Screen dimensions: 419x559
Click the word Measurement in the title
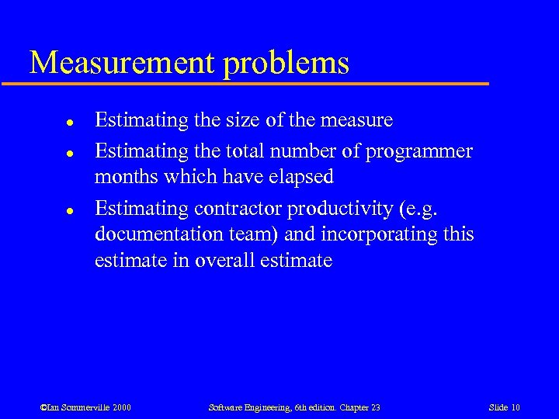pyautogui.click(x=122, y=63)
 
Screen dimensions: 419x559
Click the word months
pyautogui.click(x=125, y=177)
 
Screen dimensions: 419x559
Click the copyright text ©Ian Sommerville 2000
pyautogui.click(x=86, y=407)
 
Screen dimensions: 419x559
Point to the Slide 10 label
pyautogui.click(x=505, y=407)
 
